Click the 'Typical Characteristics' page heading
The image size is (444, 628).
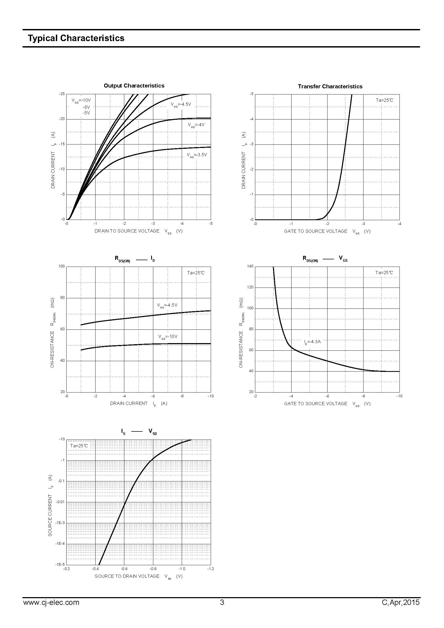[76, 38]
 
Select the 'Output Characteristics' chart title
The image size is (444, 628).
[134, 86]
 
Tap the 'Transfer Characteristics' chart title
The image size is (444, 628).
[330, 86]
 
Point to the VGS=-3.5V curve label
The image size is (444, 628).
[197, 155]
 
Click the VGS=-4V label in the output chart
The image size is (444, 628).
[196, 125]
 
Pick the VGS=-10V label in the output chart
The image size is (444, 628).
[81, 100]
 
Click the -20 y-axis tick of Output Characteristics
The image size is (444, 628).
[62, 119]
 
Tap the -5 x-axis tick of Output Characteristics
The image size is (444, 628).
[210, 223]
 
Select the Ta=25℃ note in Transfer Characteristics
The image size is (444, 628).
[384, 100]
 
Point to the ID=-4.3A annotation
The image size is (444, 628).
[312, 342]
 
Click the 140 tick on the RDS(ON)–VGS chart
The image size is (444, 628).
[250, 266]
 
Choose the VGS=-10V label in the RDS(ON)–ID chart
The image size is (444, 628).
[168, 337]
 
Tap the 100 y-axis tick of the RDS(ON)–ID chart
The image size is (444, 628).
[62, 266]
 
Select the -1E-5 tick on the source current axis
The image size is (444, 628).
[60, 565]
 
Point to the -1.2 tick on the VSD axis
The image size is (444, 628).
[210, 569]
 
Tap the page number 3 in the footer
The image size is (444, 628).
[222, 602]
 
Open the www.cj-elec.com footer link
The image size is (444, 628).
[51, 602]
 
